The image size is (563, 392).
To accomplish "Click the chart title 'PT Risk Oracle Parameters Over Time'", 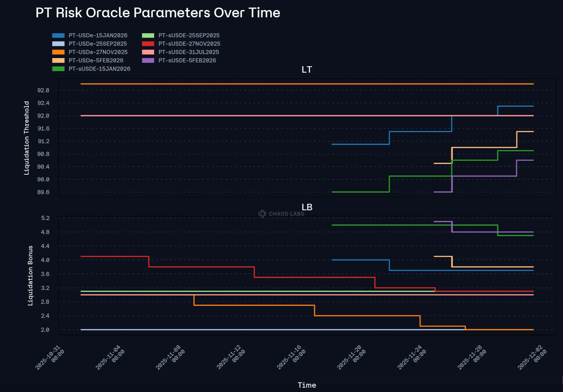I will point(158,13).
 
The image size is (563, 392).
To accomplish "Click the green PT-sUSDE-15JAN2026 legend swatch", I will point(58,69).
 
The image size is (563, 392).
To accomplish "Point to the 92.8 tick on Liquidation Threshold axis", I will point(43,90).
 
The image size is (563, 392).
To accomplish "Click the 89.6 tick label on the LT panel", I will point(43,192).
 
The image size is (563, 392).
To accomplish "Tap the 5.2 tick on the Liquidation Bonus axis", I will point(45,218).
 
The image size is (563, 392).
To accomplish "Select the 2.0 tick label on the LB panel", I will point(45,330).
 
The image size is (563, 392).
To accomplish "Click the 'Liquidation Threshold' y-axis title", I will point(27,138).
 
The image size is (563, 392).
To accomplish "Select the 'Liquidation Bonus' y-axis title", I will point(30,275).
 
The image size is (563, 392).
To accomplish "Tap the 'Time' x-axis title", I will point(307,385).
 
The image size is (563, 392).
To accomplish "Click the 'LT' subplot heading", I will point(307,70).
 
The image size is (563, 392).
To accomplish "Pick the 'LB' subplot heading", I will point(307,207).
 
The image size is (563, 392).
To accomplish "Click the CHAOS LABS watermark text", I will point(286,214).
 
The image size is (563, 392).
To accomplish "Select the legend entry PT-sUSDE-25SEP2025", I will point(189,35).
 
